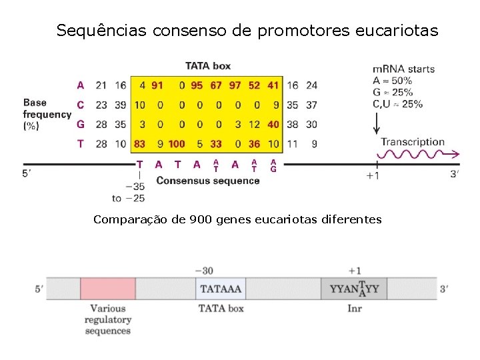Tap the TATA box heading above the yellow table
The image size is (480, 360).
point(208,65)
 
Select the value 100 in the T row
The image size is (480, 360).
point(177,143)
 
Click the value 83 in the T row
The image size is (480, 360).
point(139,143)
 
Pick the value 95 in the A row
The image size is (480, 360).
point(197,85)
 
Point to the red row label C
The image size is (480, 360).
point(81,105)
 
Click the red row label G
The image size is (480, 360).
point(81,124)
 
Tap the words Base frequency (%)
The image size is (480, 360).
point(47,113)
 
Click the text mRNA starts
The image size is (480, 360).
point(403,69)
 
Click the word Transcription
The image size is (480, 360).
point(412,141)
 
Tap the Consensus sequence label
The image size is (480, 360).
point(208,181)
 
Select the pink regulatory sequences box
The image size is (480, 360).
point(107,289)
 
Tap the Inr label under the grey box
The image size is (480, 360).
point(355,308)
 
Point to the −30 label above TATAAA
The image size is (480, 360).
point(204,271)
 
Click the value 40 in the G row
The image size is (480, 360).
point(273,124)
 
